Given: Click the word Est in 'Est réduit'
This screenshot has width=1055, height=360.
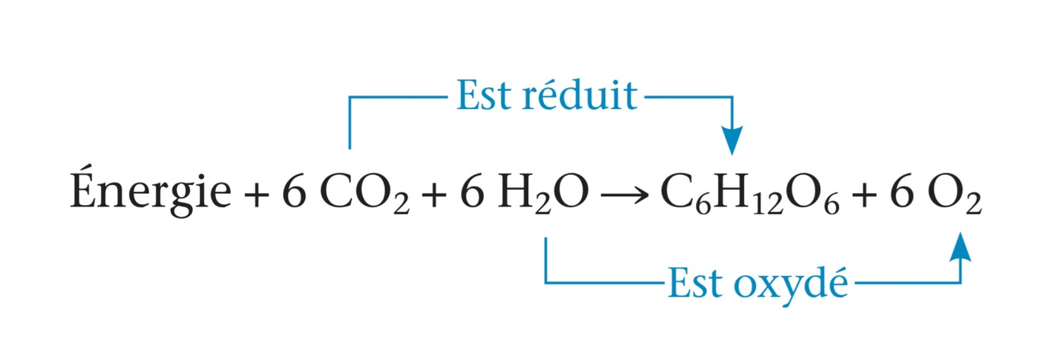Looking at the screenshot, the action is pos(481,97).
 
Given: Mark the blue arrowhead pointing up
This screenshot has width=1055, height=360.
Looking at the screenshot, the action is pos(960,247).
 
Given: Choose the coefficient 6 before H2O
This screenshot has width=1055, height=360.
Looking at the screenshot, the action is pos(471,194).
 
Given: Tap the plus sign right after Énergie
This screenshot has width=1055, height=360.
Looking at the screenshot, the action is pos(257,195).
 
